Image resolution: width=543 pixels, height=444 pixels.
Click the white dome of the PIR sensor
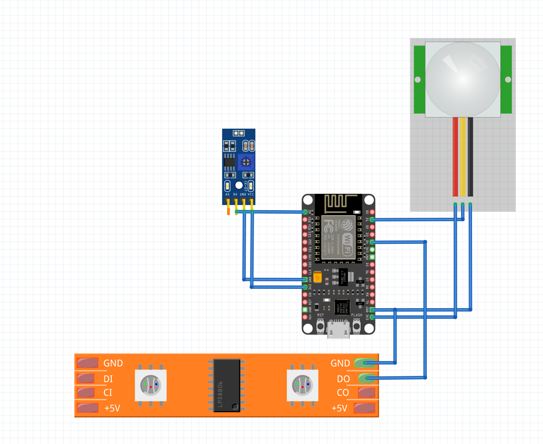[463, 79]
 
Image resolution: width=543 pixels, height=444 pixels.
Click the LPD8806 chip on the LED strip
[227, 385]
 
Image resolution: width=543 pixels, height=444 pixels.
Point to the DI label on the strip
[108, 379]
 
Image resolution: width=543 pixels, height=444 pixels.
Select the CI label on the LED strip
[108, 393]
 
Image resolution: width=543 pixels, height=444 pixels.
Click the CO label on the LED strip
[343, 393]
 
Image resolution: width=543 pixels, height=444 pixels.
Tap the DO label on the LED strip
[343, 379]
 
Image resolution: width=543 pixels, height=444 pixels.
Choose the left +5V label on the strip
[112, 408]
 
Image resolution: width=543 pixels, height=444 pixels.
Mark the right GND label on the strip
[340, 363]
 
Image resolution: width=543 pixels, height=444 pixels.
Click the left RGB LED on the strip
[151, 385]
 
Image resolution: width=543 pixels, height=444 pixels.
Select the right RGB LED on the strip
[302, 385]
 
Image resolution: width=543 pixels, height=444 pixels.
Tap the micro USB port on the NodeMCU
[338, 328]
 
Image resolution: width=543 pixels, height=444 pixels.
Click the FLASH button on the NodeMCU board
[357, 325]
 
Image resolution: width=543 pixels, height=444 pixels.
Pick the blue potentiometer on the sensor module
[246, 162]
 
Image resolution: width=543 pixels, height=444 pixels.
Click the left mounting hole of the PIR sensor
[417, 79]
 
